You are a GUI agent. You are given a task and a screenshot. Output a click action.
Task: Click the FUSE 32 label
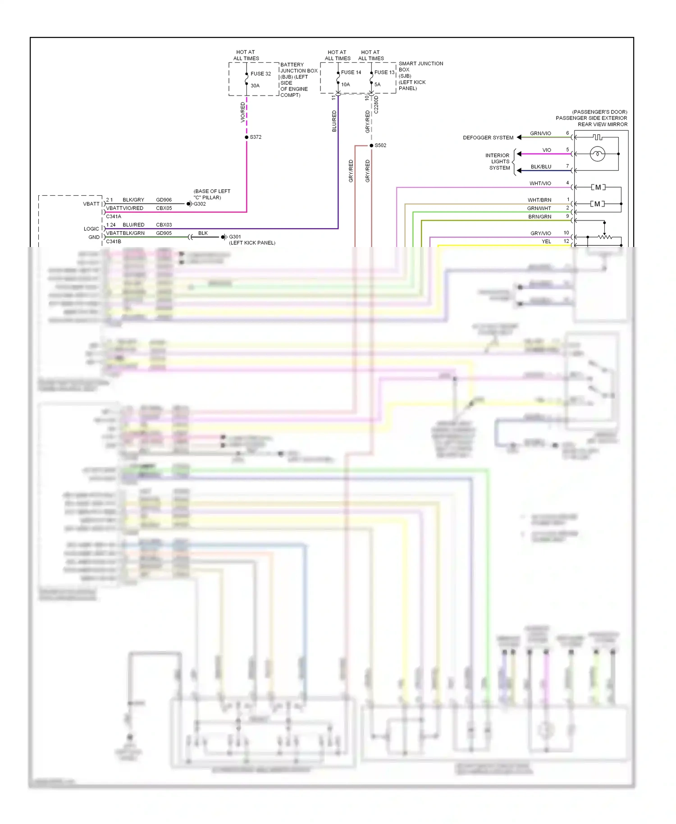[260, 74]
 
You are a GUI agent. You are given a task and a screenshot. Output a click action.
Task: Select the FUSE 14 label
[351, 73]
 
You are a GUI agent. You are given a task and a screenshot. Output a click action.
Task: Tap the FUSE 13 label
[384, 73]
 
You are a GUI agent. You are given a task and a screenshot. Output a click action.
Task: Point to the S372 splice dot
[247, 137]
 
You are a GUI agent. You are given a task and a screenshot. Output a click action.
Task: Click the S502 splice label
[380, 146]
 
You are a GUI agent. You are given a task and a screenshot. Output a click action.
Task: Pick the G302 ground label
[200, 204]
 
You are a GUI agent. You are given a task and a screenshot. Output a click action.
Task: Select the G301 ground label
[235, 237]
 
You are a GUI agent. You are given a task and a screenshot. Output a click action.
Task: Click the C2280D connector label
[376, 105]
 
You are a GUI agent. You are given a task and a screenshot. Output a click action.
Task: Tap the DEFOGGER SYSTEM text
[488, 138]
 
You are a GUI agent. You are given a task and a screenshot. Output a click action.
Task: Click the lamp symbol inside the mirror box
[598, 154]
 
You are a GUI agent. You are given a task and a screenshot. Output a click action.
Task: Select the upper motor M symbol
[598, 187]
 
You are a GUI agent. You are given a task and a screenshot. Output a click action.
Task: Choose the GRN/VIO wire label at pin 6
[540, 133]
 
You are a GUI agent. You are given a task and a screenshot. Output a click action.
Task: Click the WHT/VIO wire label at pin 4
[540, 183]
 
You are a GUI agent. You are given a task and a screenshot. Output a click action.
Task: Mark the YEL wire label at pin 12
[546, 242]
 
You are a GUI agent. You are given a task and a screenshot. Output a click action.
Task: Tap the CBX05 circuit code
[164, 208]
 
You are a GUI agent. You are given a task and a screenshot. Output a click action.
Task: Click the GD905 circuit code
[164, 233]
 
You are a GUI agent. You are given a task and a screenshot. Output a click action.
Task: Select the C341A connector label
[114, 217]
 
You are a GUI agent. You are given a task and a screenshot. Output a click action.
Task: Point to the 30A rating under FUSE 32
[255, 86]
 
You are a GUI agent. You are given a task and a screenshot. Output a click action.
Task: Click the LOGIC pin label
[91, 229]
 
